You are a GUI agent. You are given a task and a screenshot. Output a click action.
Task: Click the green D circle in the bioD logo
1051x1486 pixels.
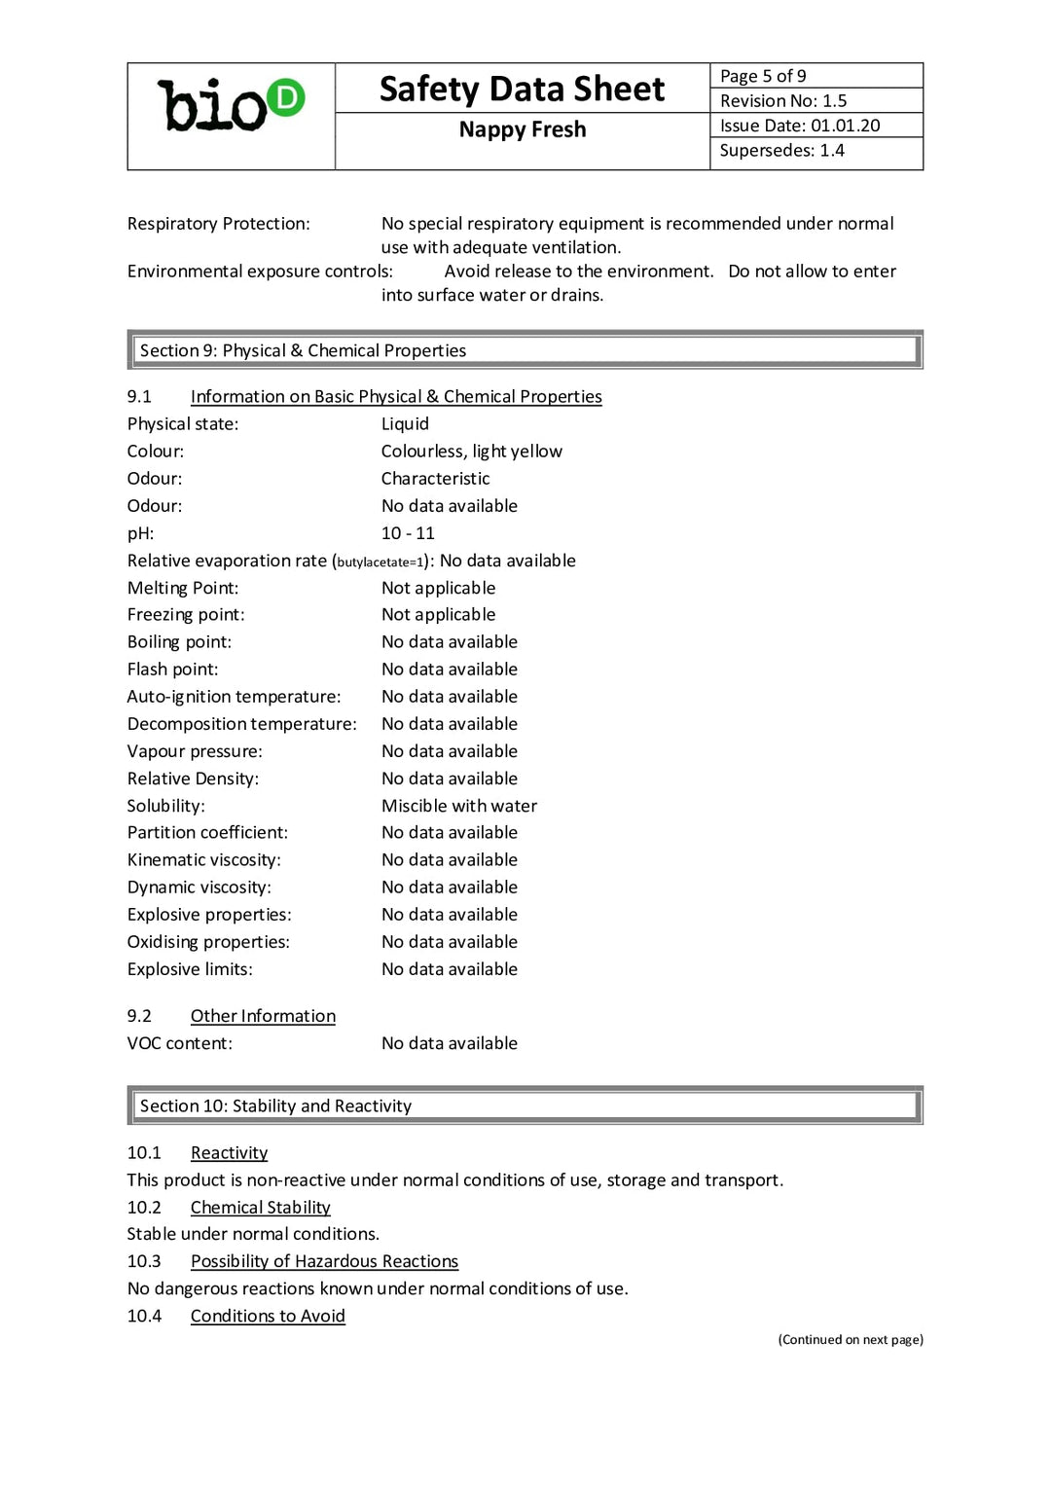[286, 97]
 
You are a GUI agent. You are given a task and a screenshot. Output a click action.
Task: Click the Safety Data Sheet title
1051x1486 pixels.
[522, 90]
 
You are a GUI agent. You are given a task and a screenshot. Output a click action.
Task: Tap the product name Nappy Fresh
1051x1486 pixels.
[523, 129]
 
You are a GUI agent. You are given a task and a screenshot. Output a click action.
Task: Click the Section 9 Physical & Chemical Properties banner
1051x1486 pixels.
[525, 350]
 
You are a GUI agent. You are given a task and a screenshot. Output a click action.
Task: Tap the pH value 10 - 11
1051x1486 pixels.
[408, 533]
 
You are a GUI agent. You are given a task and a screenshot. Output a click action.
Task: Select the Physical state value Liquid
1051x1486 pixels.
[405, 424]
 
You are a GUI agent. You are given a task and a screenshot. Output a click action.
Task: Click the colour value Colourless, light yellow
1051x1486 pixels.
[471, 452]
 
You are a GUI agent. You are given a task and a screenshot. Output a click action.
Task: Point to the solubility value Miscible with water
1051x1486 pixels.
[458, 806]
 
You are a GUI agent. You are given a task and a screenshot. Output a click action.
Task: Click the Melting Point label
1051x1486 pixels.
[183, 588]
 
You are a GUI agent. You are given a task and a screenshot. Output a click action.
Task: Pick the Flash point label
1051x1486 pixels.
[172, 670]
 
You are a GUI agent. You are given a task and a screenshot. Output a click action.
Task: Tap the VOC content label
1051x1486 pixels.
[180, 1043]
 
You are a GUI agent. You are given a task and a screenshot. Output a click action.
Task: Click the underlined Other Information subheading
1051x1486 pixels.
[263, 1016]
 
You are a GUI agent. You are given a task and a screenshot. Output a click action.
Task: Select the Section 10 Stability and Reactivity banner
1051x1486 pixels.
[525, 1105]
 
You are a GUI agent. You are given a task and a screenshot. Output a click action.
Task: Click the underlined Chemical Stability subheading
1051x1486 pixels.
[260, 1208]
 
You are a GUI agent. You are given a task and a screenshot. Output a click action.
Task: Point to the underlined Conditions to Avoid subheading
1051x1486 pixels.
[268, 1316]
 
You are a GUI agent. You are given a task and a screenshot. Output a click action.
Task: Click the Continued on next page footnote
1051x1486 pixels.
[851, 1340]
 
